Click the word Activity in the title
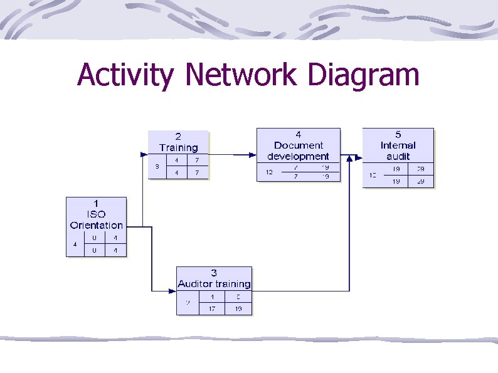(x=125, y=76)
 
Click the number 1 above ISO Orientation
(x=96, y=204)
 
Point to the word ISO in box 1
(x=96, y=214)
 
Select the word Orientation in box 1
(x=96, y=225)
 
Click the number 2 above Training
(x=178, y=137)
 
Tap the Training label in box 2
(x=178, y=148)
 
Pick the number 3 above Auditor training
(x=214, y=273)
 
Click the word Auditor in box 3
(x=195, y=284)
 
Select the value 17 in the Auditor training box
(x=212, y=308)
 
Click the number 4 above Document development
(x=298, y=134)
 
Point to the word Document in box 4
(x=298, y=145)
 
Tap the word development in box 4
(x=298, y=156)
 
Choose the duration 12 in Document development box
(x=269, y=172)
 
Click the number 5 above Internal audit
(x=398, y=134)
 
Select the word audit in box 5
(x=398, y=156)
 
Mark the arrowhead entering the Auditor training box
(x=172, y=291)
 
